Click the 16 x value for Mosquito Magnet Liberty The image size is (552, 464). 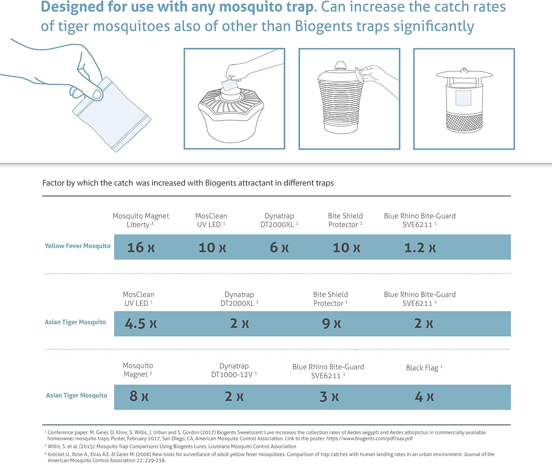pos(141,247)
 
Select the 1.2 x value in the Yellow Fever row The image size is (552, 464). pos(420,248)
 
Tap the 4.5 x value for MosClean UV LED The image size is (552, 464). pos(141,324)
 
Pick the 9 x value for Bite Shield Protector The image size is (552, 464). pos(331,324)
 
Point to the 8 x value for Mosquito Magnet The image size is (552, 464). pos(139,396)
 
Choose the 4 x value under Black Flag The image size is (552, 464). pos(424,397)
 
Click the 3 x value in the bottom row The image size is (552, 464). pos(329,397)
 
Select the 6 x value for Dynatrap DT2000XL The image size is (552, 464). pos(279,247)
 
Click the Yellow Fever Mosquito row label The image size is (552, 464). pos(77,246)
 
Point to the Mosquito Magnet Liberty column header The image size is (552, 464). pos(141,220)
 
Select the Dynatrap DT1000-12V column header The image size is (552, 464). pos(234,370)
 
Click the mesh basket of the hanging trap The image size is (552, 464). pos(464,122)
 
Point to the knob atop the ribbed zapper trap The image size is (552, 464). pos(340,66)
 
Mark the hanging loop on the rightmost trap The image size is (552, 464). pos(464,70)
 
